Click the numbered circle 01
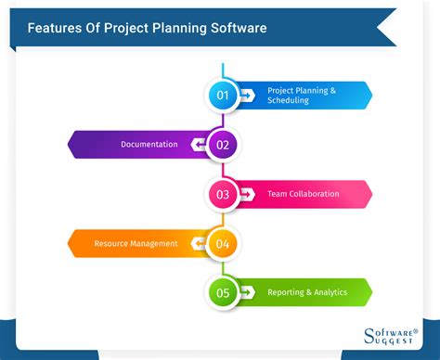222,95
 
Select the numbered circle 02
222,145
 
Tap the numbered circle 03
222,194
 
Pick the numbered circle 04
222,243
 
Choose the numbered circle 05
222,292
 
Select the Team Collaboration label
304,194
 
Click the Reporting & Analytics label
307,292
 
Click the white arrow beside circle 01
247,95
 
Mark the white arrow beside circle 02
197,145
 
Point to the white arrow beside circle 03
247,194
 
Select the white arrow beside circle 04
197,243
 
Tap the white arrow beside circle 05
247,292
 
